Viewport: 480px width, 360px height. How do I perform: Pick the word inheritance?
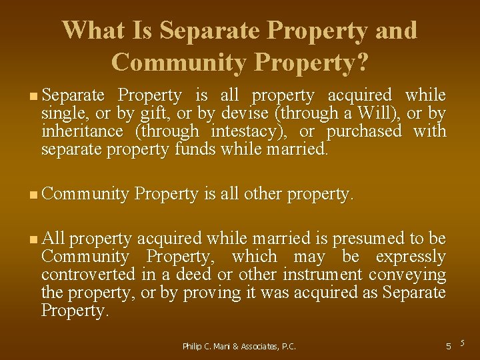82,131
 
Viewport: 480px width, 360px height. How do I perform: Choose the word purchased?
364,131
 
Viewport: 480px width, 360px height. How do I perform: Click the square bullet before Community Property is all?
34,195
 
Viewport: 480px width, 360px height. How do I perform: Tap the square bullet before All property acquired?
34,239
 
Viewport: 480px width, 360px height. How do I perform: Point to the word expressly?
411,256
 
